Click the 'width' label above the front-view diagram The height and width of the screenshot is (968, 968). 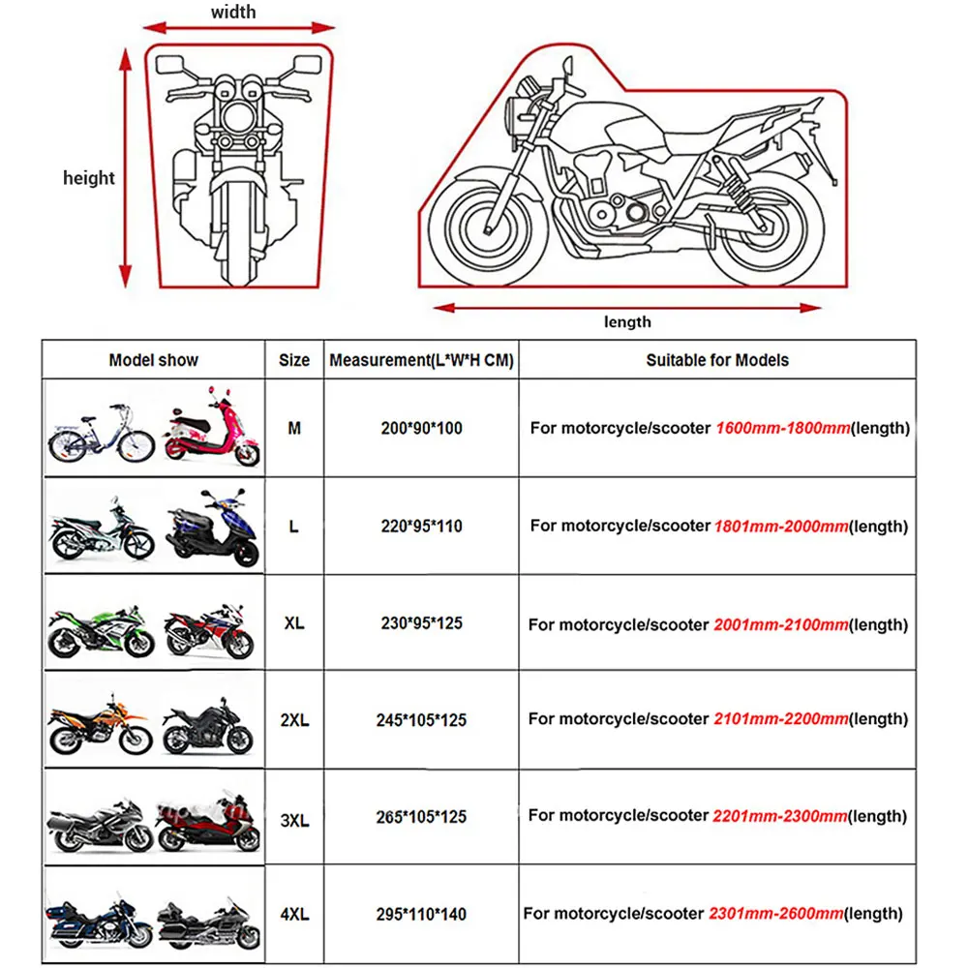pyautogui.click(x=233, y=12)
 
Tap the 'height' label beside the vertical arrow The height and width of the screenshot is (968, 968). pyautogui.click(x=88, y=178)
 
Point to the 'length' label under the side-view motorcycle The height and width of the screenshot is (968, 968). pyautogui.click(x=626, y=322)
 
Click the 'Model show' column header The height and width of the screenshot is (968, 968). pyautogui.click(x=153, y=360)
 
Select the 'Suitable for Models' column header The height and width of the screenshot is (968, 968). pyautogui.click(x=716, y=360)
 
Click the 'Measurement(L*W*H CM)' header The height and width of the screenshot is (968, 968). pyautogui.click(x=421, y=360)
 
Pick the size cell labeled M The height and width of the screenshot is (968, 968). pyautogui.click(x=294, y=428)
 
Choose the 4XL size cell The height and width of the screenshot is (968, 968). pyautogui.click(x=294, y=914)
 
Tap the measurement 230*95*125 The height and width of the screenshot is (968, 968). pyautogui.click(x=421, y=623)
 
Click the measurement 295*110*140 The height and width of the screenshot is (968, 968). pyautogui.click(x=421, y=914)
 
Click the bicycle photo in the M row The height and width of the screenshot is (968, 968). pyautogui.click(x=101, y=432)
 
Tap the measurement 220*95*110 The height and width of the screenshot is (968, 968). pyautogui.click(x=421, y=527)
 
